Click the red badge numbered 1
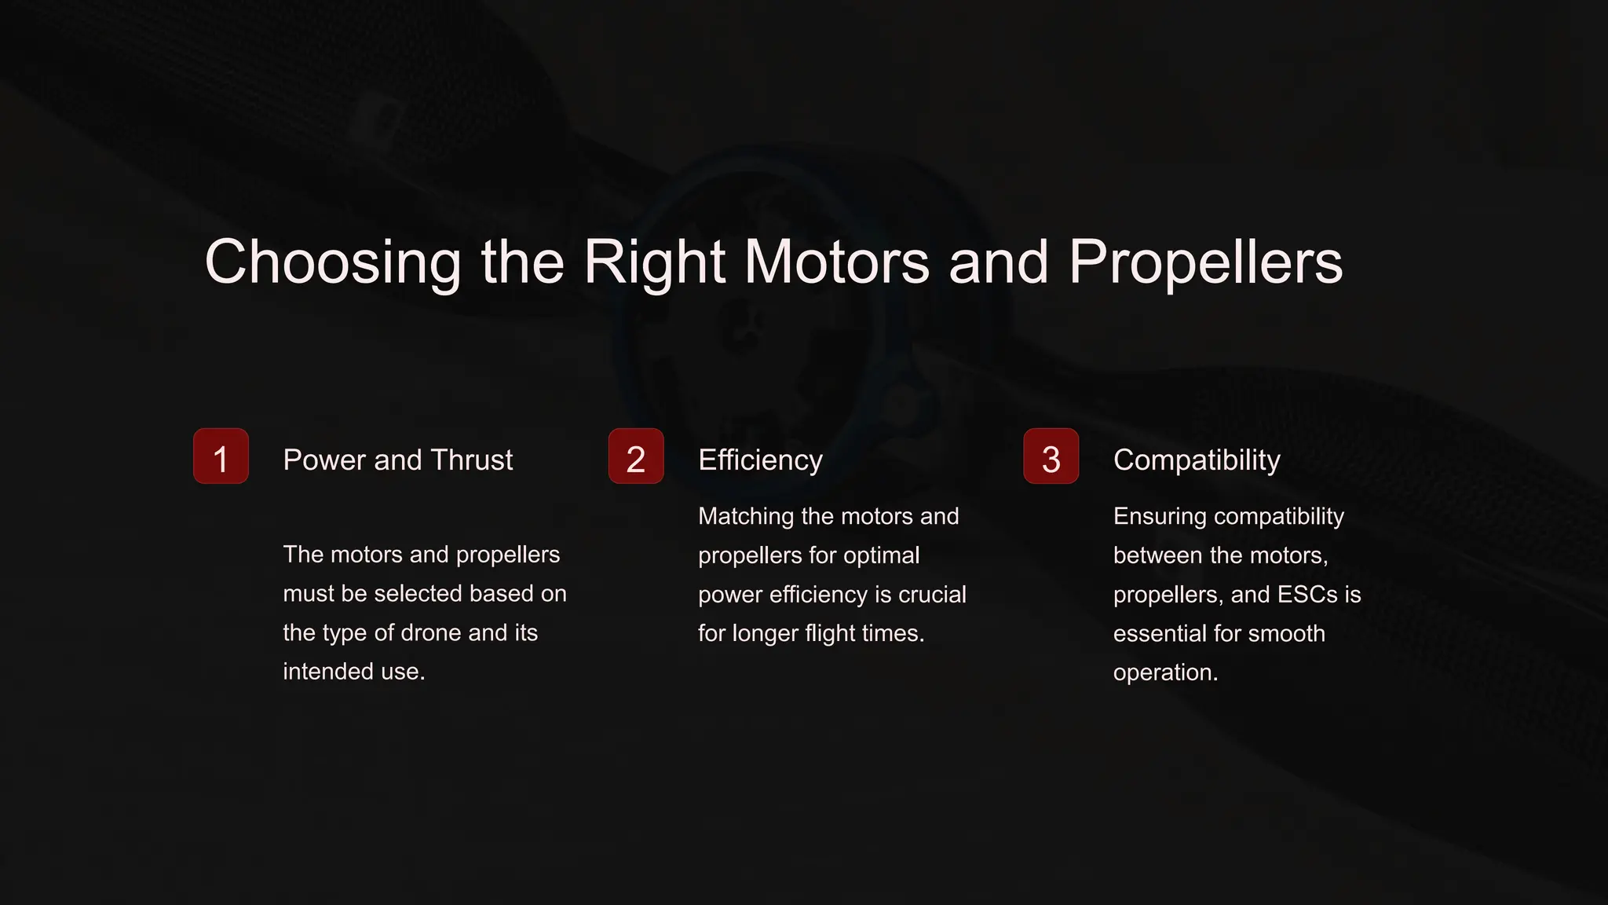click(x=221, y=456)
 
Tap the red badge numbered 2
click(x=636, y=456)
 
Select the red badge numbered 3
click(x=1051, y=456)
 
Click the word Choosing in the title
click(x=333, y=262)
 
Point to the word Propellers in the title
click(x=1205, y=262)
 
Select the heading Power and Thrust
click(x=397, y=460)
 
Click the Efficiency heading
click(x=760, y=460)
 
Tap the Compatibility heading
click(x=1197, y=460)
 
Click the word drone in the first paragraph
click(x=430, y=632)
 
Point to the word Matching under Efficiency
click(x=746, y=516)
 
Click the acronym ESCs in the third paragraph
click(x=1307, y=595)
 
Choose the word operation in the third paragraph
click(x=1165, y=672)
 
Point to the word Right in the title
click(x=654, y=262)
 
